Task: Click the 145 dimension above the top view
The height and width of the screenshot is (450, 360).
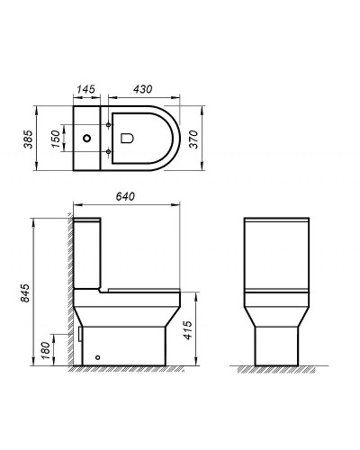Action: (87, 90)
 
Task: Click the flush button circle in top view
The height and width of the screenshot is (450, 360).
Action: (87, 139)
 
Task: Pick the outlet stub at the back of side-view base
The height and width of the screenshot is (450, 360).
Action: (80, 334)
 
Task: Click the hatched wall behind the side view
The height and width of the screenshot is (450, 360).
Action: (67, 288)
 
